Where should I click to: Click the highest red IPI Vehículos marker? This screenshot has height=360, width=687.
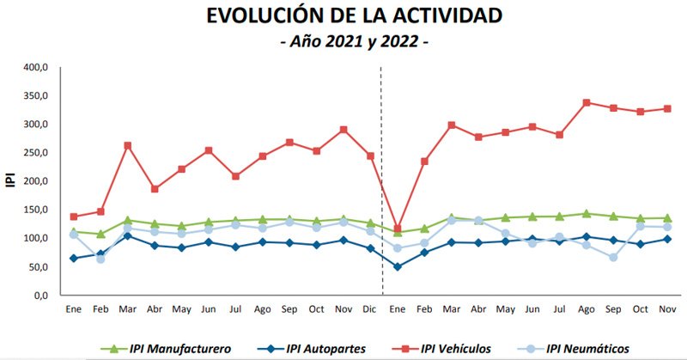[587, 102]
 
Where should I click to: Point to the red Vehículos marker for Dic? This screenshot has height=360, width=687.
[370, 156]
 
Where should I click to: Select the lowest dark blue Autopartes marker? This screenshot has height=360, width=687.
[397, 266]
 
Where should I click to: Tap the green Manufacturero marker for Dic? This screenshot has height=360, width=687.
[370, 223]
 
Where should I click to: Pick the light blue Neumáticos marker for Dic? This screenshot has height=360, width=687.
[370, 231]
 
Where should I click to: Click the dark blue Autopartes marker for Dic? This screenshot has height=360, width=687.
[370, 248]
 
